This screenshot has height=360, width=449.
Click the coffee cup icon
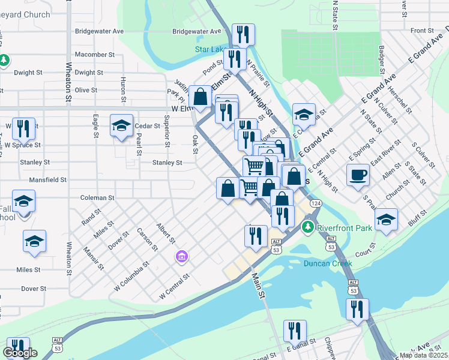tap(358, 175)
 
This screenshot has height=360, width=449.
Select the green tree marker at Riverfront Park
tap(308, 227)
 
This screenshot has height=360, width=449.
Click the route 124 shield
tap(314, 204)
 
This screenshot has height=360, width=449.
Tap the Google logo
tap(20, 353)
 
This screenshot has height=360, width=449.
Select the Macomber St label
tap(94, 54)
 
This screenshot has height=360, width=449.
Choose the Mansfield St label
tap(47, 179)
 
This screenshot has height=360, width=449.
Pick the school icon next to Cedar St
tap(121, 125)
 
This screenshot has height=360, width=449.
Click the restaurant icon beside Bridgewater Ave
tap(243, 35)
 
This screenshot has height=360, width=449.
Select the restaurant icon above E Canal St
tap(295, 331)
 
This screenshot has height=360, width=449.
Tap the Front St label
tap(422, 31)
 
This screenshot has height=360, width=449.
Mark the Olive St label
tap(85, 90)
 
